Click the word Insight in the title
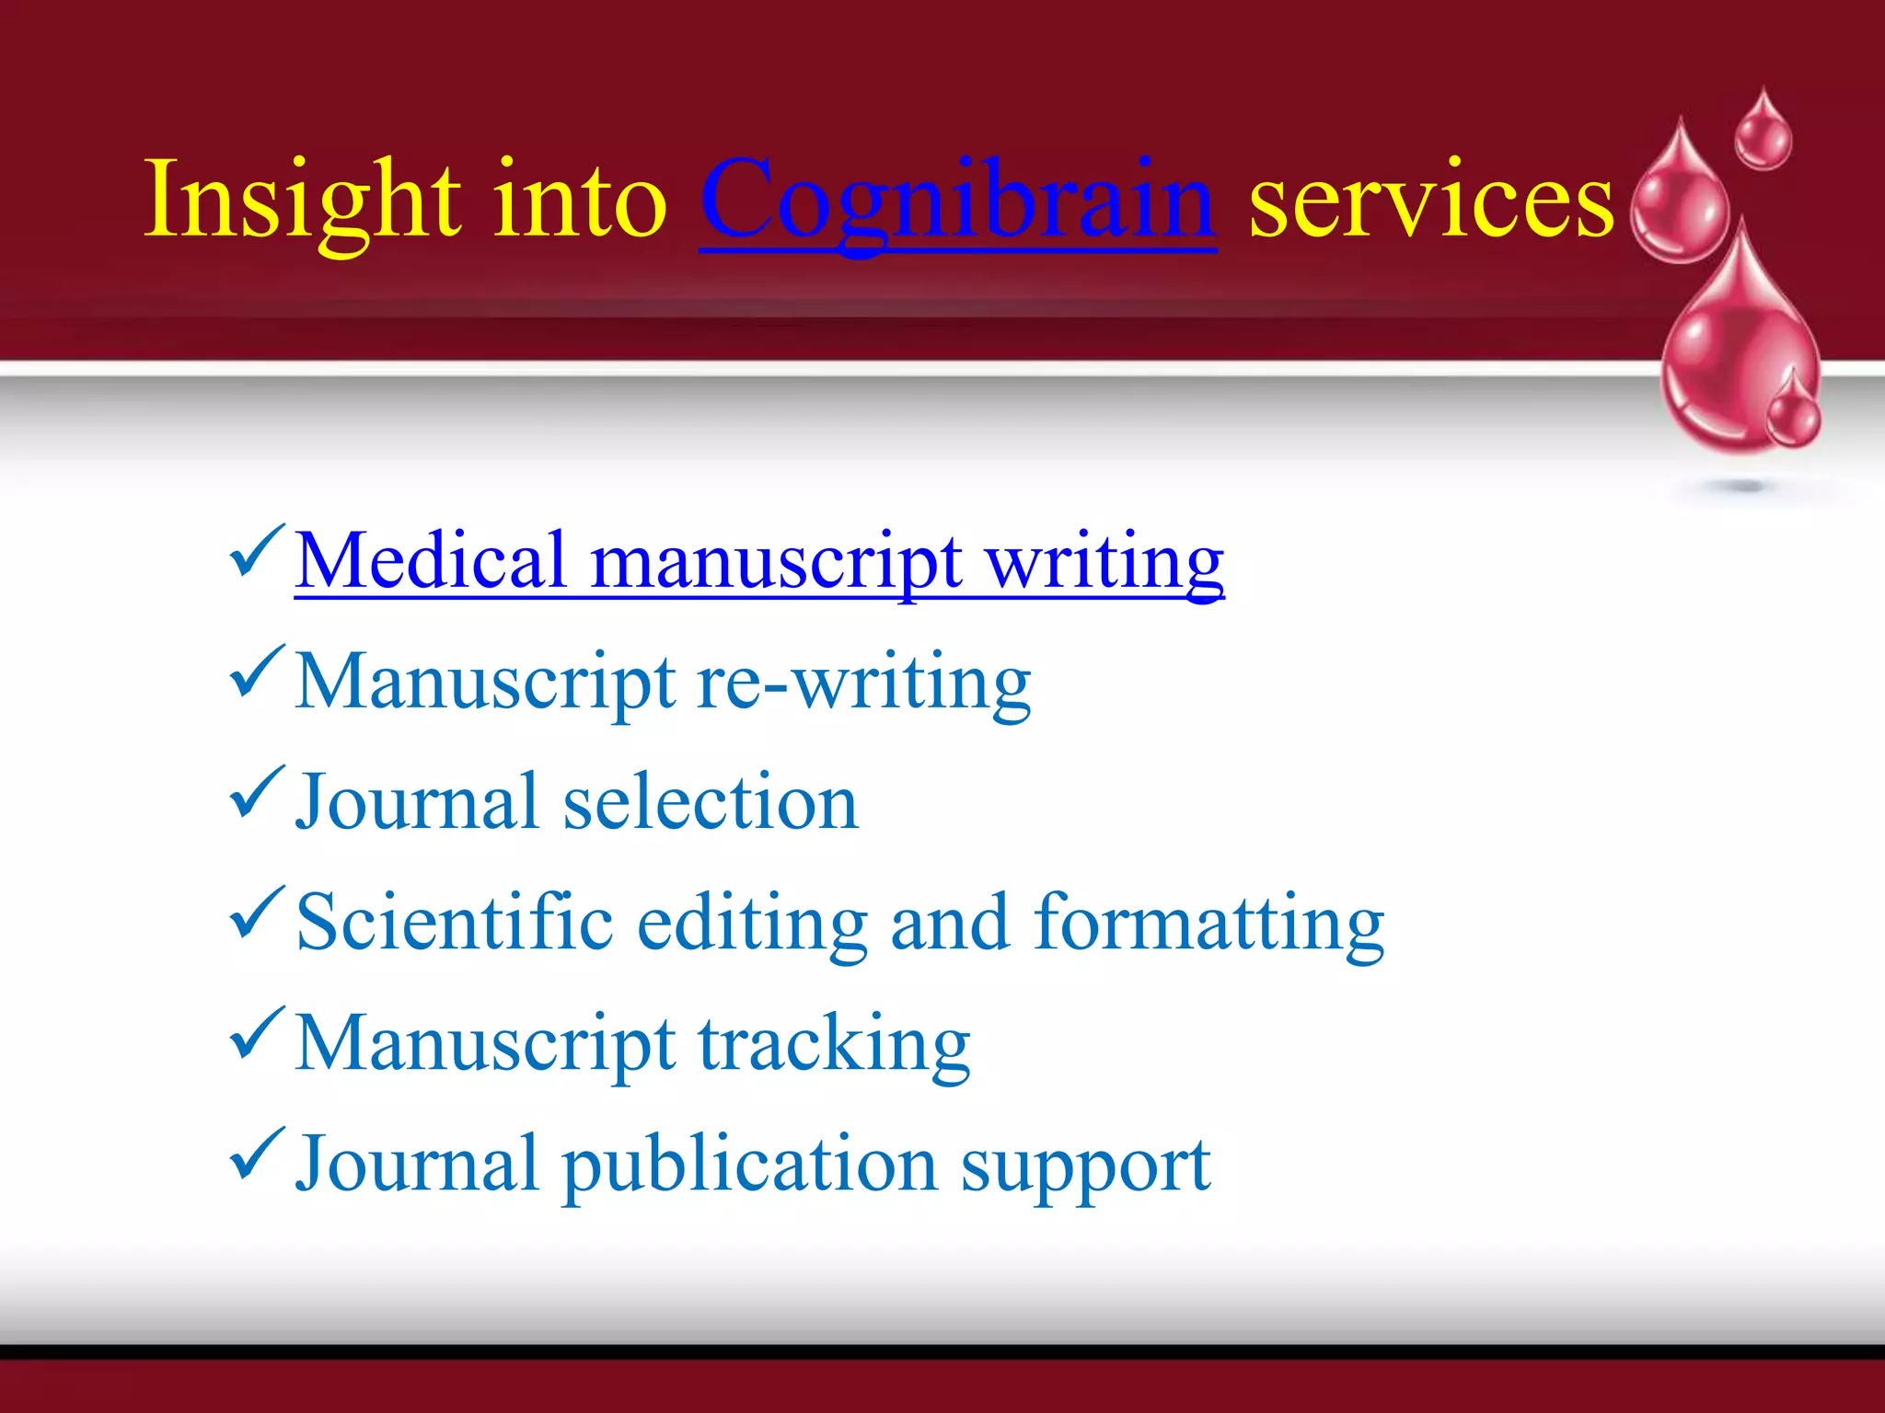click(x=304, y=201)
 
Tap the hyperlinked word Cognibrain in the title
click(x=957, y=201)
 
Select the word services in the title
click(x=1430, y=201)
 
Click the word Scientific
click(x=455, y=923)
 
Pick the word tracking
click(x=834, y=1044)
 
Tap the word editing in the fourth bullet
click(x=751, y=923)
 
